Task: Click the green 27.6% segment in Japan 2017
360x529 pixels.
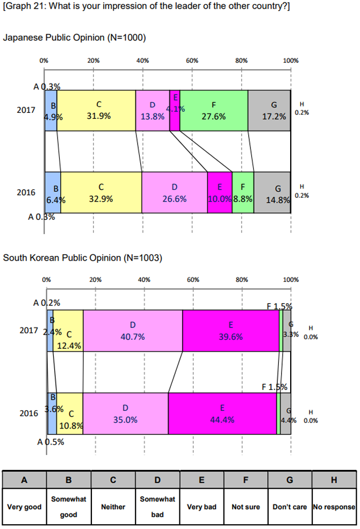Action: coord(214,110)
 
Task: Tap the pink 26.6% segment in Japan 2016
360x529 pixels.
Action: coord(175,192)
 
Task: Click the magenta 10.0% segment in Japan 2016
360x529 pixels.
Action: coord(220,192)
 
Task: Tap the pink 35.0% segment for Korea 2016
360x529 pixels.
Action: coord(125,413)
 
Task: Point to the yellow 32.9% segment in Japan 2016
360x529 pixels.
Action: coord(101,192)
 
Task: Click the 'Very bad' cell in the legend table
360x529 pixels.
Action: coord(201,506)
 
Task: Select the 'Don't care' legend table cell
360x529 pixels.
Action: coord(290,506)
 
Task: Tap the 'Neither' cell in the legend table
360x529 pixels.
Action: coord(113,506)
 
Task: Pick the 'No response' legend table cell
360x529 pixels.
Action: coord(334,506)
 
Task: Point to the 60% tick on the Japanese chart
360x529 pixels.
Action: coord(192,61)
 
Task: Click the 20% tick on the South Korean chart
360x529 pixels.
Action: coord(95,280)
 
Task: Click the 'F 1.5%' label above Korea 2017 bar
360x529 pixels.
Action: coord(279,307)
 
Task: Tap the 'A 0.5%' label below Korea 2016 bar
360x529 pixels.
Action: coord(51,442)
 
